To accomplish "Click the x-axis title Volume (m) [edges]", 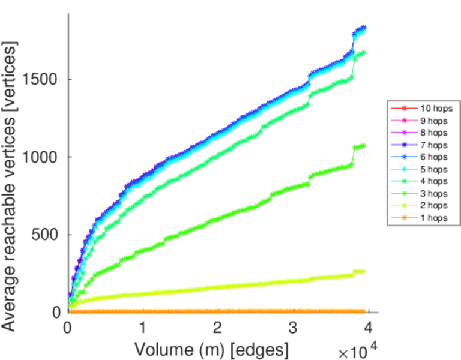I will click(211, 349).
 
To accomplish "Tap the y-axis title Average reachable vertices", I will click(10, 185).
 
